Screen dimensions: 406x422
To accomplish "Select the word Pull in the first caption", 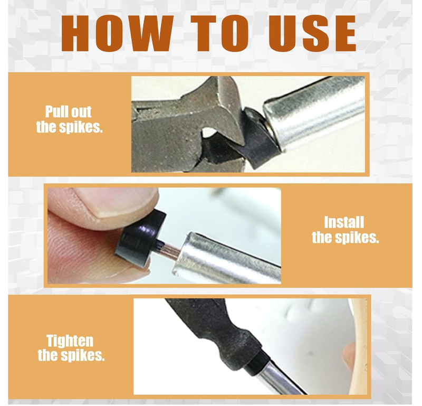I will [x=57, y=112].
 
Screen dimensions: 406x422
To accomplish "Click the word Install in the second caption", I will [x=344, y=222].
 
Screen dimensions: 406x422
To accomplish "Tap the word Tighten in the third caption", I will [x=70, y=341].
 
